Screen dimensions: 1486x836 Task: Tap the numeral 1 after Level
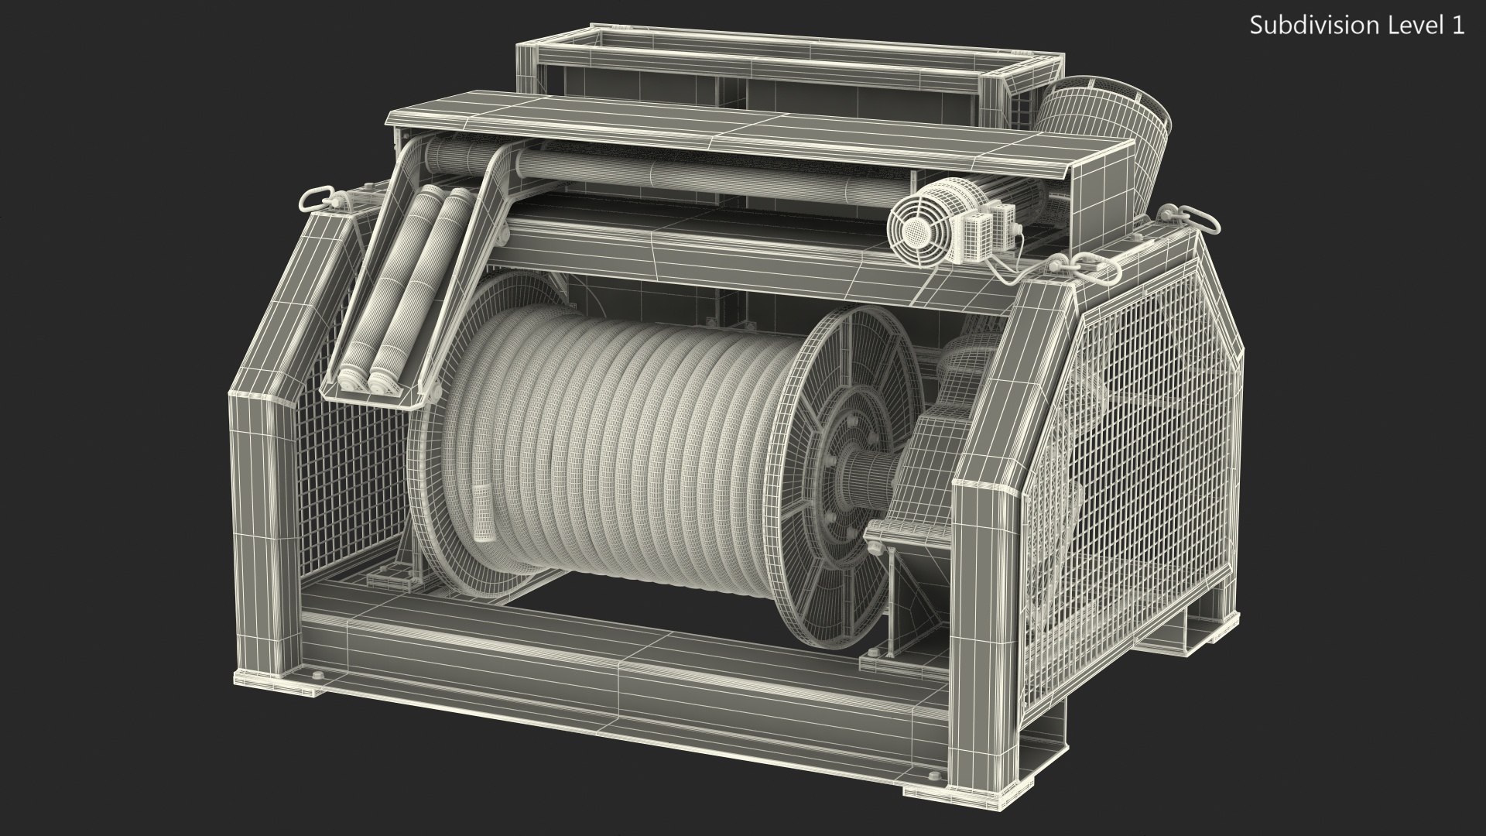(1457, 26)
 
